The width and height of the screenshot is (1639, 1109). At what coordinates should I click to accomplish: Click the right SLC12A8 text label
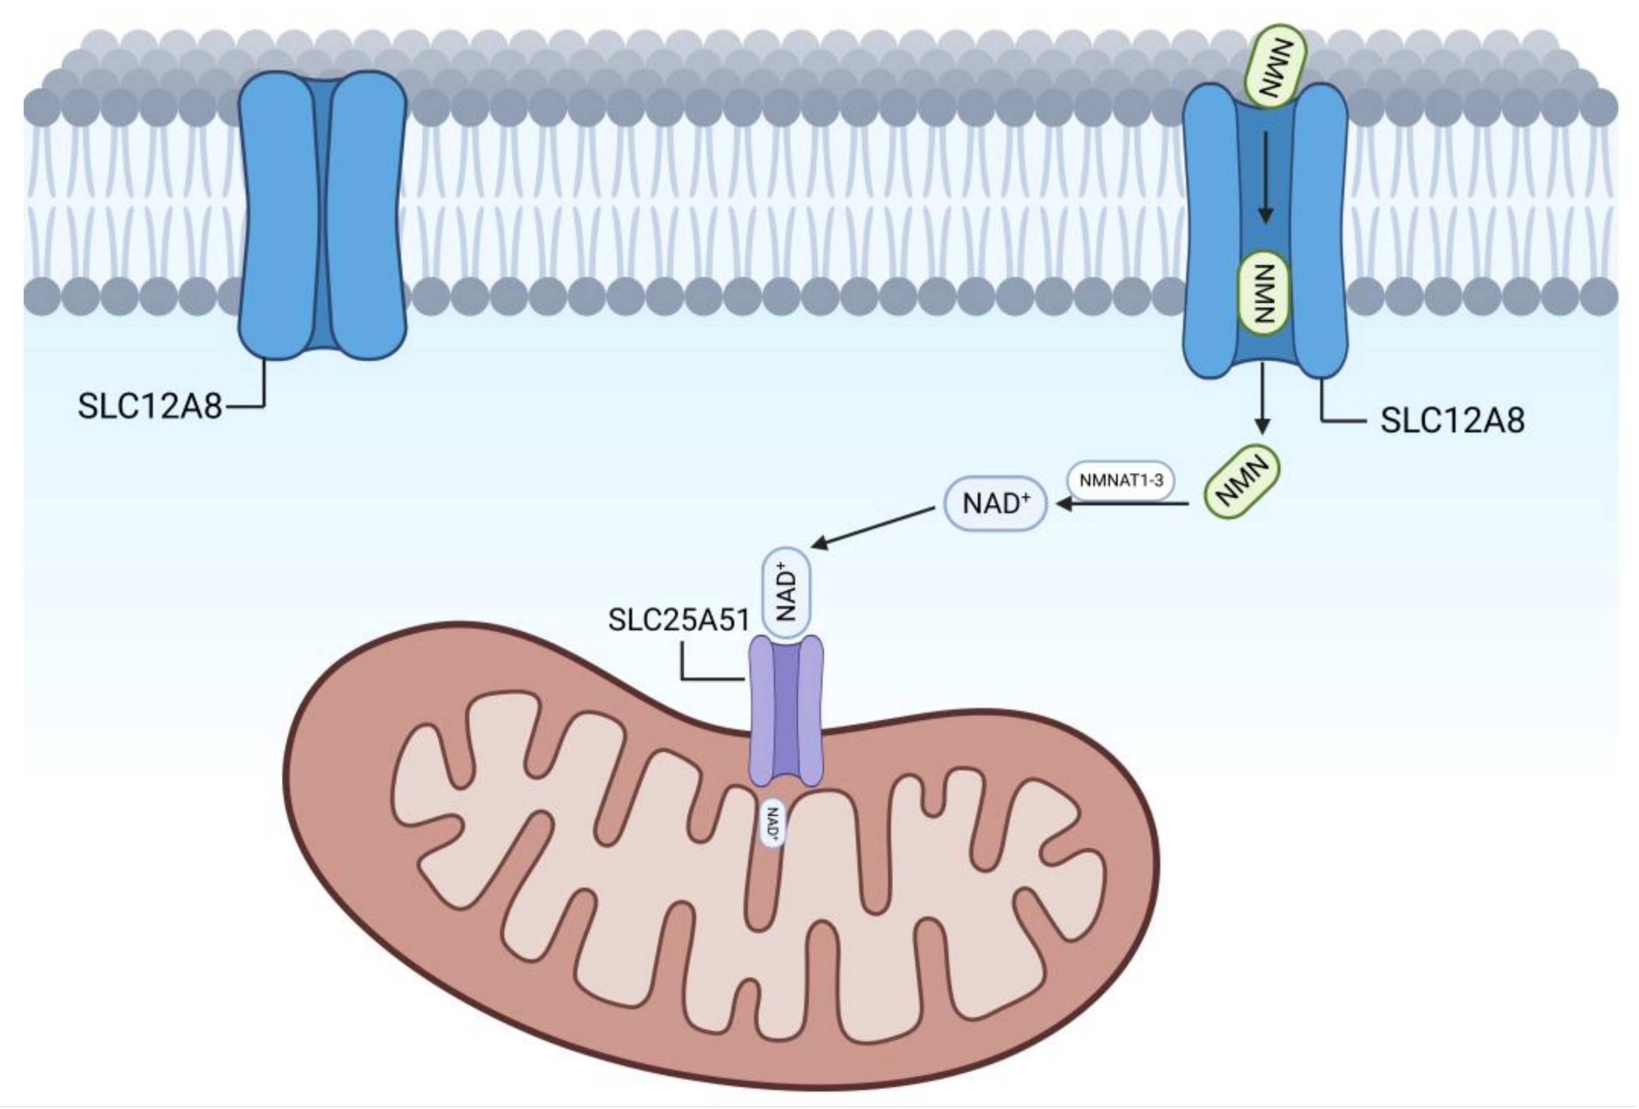click(1452, 421)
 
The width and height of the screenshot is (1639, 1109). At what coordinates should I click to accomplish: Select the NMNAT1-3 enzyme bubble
click(1121, 481)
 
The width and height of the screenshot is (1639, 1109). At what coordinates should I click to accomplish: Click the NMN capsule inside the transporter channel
click(1265, 293)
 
